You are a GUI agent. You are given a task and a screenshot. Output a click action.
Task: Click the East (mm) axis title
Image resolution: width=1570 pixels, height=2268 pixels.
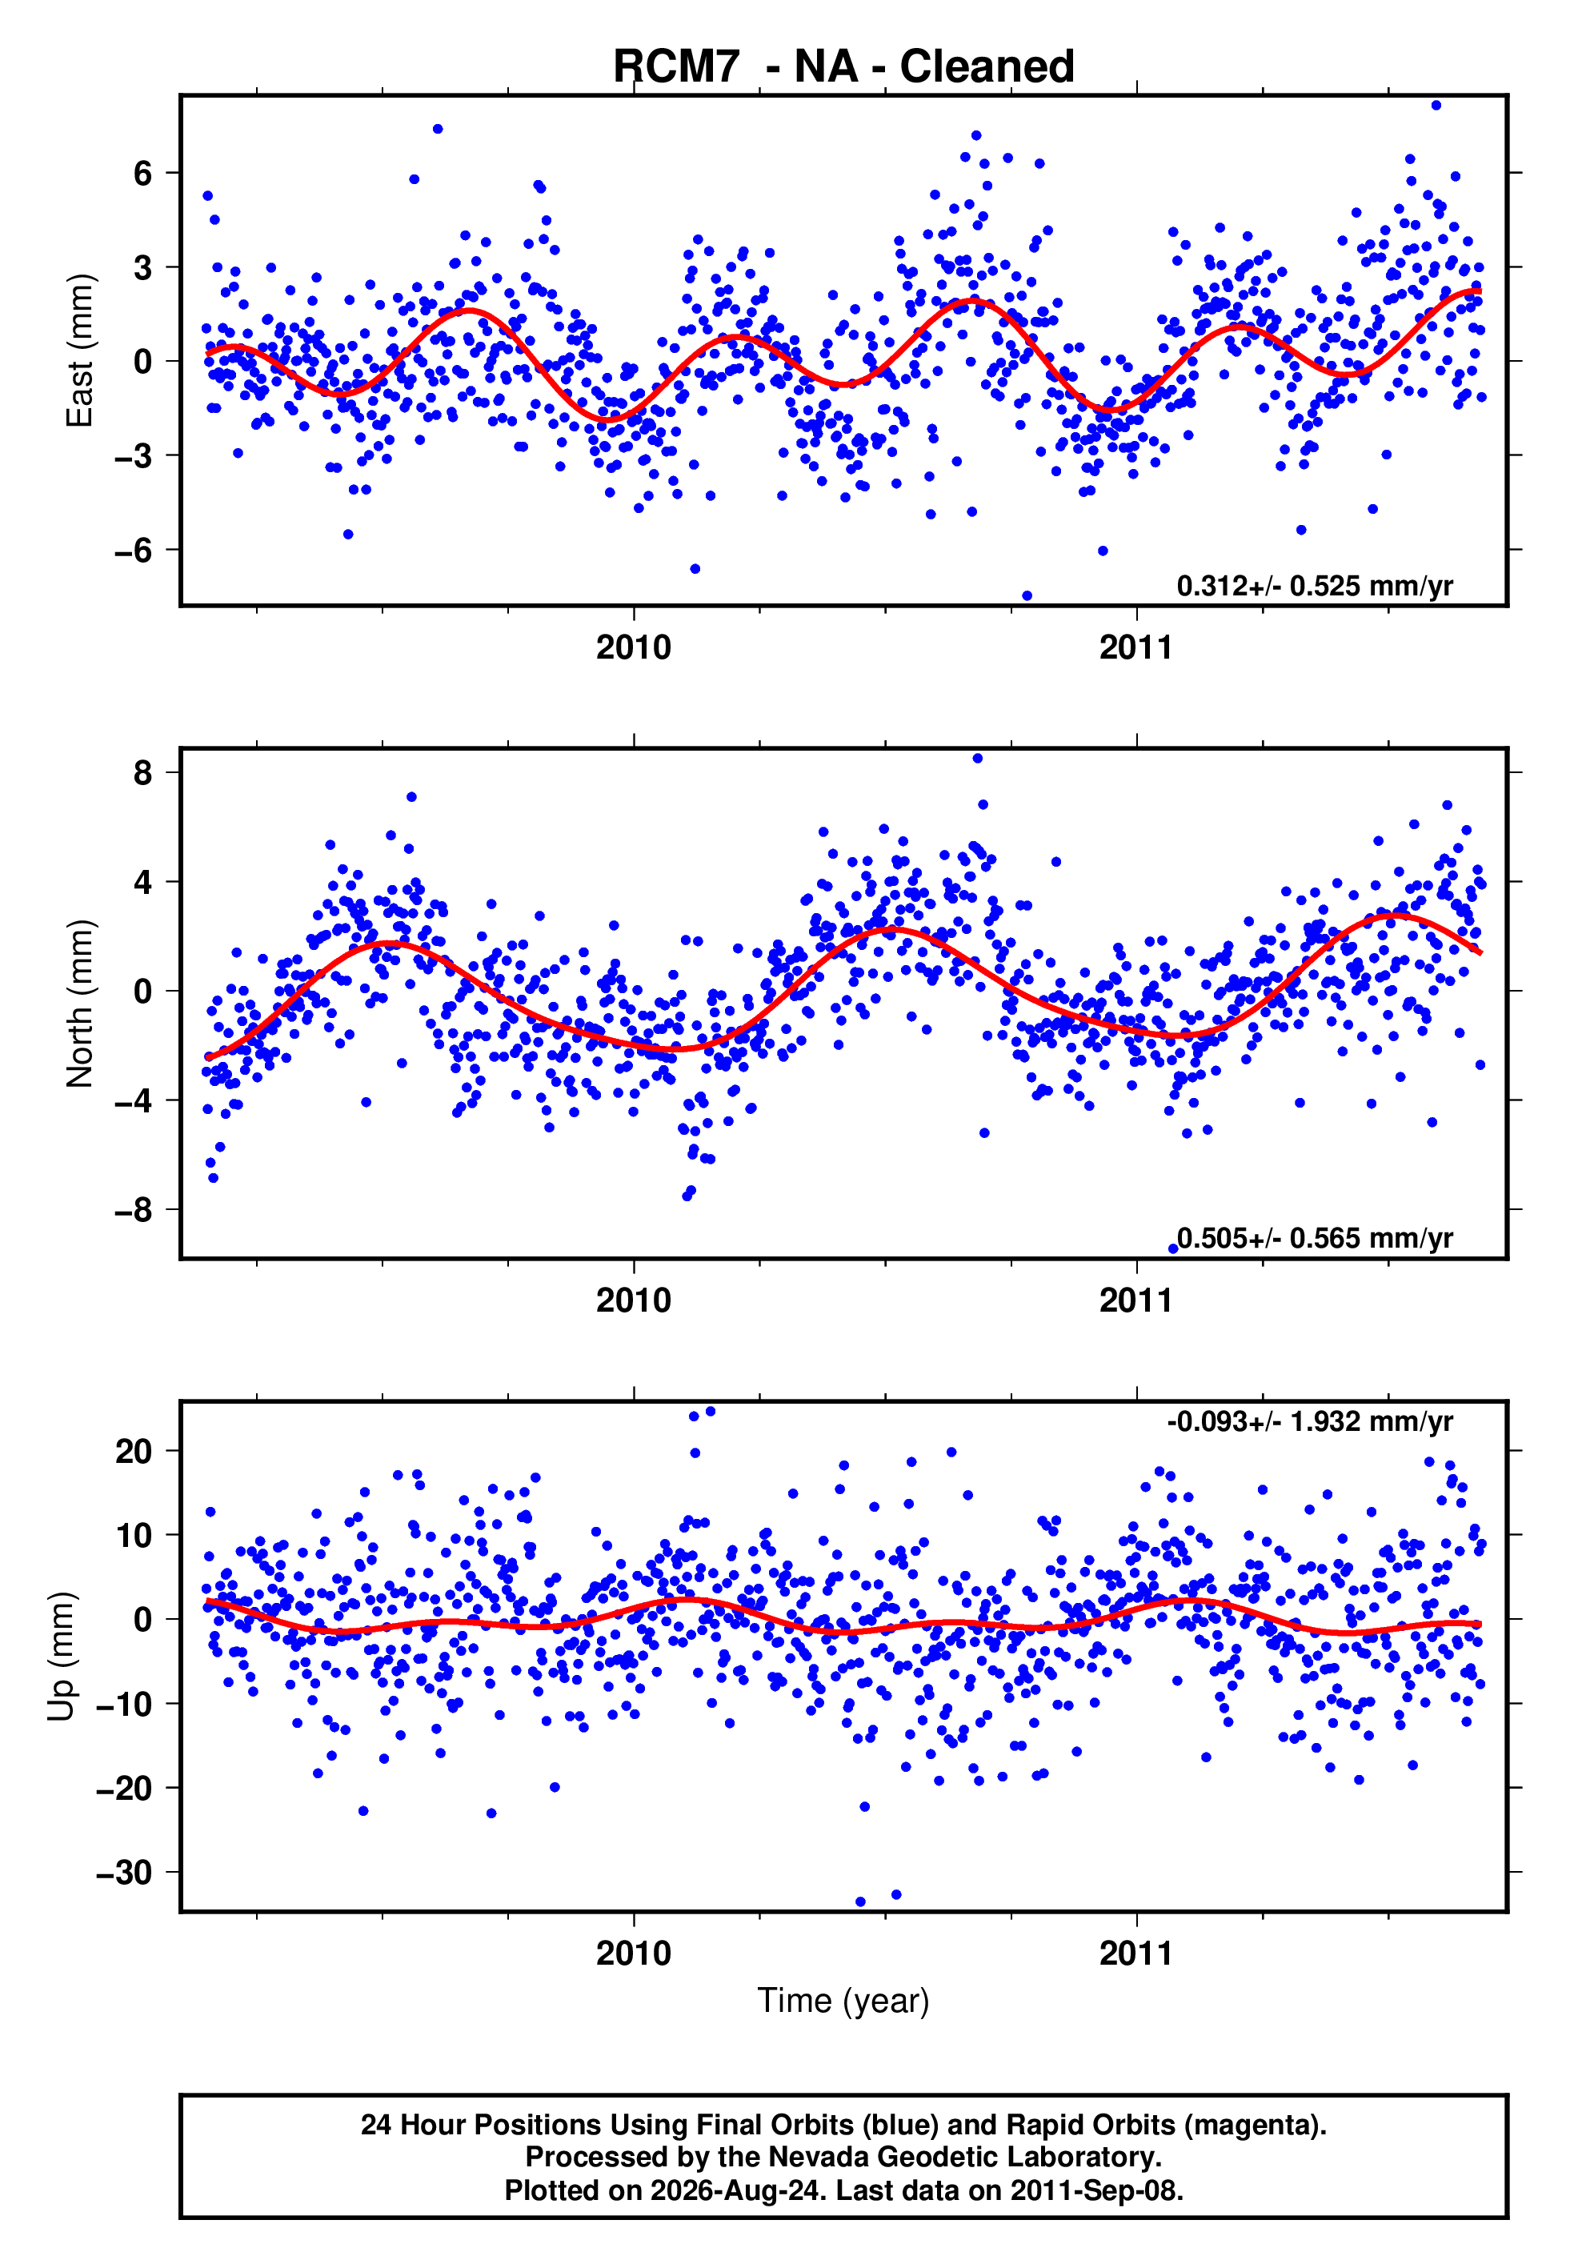(78, 351)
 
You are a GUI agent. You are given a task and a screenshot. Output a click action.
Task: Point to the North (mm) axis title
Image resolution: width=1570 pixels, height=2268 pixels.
(78, 1004)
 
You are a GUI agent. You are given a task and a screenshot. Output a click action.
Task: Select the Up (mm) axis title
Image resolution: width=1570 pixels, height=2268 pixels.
(61, 1657)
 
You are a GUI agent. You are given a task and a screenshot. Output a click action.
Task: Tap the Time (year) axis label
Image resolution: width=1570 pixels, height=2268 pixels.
(843, 2002)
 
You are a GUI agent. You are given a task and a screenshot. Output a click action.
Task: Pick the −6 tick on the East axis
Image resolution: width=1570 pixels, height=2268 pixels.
(134, 550)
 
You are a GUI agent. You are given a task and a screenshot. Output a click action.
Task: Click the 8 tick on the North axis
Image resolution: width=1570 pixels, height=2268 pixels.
(143, 772)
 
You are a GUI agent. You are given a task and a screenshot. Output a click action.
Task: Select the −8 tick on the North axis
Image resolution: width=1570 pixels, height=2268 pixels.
(134, 1210)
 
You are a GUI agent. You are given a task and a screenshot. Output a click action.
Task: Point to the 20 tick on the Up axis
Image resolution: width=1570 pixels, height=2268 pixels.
(134, 1451)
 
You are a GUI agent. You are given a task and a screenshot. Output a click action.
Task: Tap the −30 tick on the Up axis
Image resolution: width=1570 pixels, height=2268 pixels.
(125, 1873)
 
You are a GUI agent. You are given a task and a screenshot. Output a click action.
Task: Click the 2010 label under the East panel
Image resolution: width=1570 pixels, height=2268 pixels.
(634, 647)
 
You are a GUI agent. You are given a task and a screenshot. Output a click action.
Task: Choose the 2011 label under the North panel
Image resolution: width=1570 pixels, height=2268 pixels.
(1136, 1300)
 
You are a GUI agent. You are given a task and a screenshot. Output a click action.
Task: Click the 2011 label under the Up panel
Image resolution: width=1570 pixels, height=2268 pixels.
(1136, 1953)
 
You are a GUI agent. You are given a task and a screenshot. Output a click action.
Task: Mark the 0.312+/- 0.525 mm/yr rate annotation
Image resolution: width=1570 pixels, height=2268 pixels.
(1314, 586)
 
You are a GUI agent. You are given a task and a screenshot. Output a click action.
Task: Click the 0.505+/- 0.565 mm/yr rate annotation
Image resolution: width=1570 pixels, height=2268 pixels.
(1314, 1238)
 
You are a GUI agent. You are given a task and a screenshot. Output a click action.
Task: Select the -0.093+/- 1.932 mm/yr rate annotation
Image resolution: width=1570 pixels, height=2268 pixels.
(1309, 1421)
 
